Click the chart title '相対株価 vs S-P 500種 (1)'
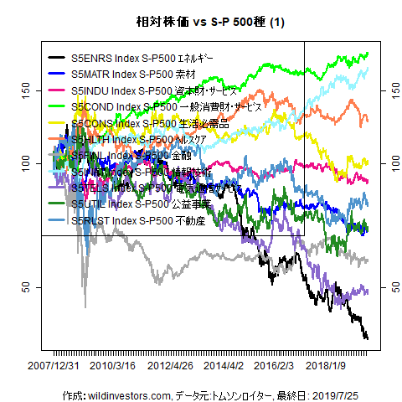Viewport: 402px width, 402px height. (201, 22)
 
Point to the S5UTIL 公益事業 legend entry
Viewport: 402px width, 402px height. (138, 204)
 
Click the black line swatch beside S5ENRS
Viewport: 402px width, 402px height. (59, 59)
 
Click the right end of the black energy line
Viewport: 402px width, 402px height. (367, 338)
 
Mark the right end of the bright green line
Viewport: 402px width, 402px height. (368, 53)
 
